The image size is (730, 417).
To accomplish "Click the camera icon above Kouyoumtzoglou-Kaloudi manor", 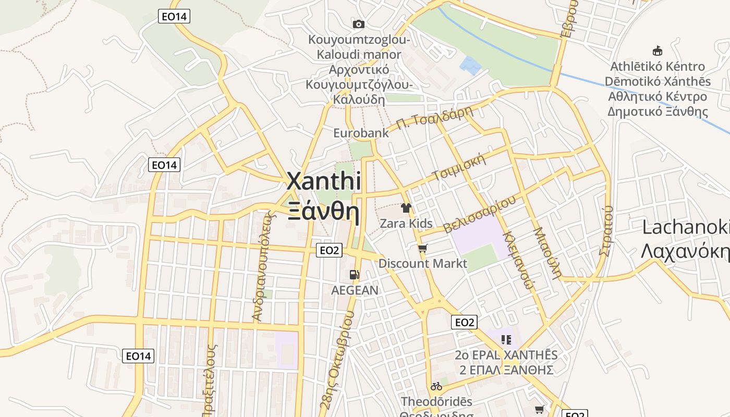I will (x=358, y=24).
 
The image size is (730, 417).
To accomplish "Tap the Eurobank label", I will (x=361, y=133).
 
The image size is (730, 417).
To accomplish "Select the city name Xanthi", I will (x=324, y=181).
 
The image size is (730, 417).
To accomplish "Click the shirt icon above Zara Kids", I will (x=406, y=208).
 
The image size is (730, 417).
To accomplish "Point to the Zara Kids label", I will (x=406, y=224).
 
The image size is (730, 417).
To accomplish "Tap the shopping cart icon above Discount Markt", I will (x=423, y=248).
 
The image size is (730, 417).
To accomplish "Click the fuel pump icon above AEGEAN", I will (x=355, y=274).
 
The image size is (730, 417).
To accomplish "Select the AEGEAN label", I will (x=355, y=290).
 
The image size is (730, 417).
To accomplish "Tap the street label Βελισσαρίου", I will (x=480, y=214).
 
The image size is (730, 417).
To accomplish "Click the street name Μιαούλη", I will (x=547, y=253).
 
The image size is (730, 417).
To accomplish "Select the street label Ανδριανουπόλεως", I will (x=263, y=266).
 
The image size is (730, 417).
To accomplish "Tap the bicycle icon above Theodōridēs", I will (x=436, y=386).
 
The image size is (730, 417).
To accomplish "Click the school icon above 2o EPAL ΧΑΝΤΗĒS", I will (x=506, y=340).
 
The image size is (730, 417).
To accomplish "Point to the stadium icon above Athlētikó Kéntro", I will (x=658, y=51).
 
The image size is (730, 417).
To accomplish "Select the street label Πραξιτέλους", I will (x=211, y=381).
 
